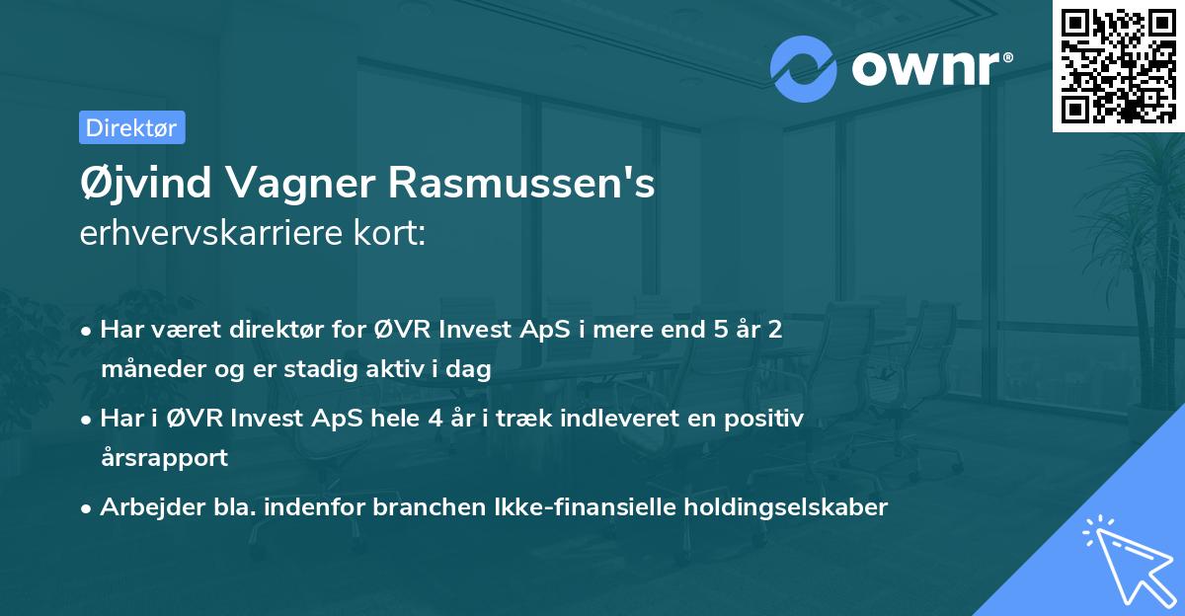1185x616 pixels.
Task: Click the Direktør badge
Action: point(131,127)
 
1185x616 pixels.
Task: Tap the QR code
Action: point(1117,65)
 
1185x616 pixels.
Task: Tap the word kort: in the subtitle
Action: point(393,234)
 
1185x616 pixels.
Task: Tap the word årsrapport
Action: point(164,458)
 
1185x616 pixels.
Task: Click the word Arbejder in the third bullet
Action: point(144,506)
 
